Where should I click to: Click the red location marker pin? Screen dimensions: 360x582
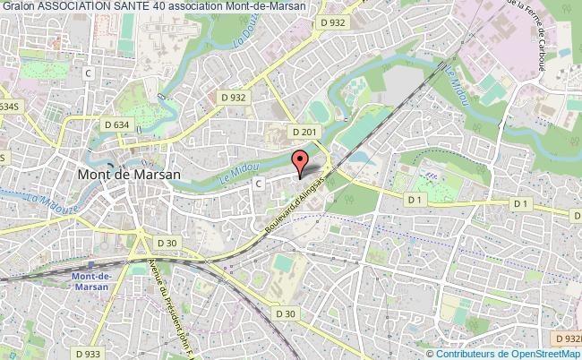click(301, 162)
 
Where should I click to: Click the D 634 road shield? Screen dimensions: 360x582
click(116, 125)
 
